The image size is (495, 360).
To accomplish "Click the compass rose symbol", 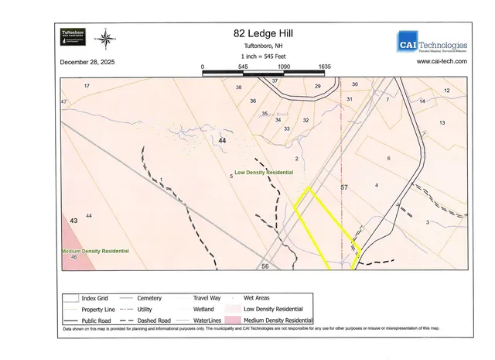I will [108, 36].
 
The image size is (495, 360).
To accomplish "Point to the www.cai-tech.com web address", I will [441, 61].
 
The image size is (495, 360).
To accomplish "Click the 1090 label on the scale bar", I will [284, 67].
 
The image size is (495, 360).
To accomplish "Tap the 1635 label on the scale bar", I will [325, 67].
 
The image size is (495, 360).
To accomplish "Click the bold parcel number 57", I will [345, 187].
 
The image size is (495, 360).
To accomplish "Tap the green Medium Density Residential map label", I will [96, 252].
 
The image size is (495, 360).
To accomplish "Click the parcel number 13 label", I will [442, 123].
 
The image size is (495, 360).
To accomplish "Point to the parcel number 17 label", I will [87, 85].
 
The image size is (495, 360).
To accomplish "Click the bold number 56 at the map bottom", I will [265, 266].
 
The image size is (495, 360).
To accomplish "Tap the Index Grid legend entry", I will [96, 297].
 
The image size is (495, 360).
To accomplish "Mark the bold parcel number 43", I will [74, 221].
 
